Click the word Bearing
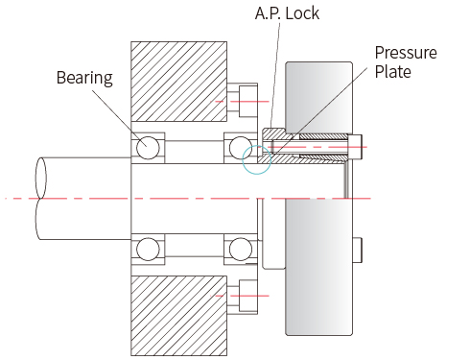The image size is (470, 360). [84, 78]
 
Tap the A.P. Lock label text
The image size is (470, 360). [287, 13]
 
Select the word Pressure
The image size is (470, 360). [406, 53]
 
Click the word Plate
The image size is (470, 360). [393, 71]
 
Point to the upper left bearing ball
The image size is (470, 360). [148, 148]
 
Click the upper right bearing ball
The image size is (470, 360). [241, 148]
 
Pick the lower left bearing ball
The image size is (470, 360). [148, 249]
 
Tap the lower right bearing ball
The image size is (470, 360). [241, 249]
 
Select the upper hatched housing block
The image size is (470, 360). [179, 82]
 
